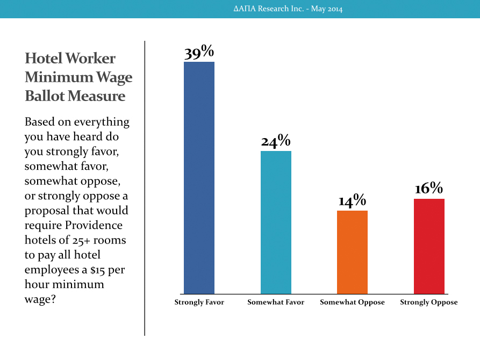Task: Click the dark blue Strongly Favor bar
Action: [x=199, y=178]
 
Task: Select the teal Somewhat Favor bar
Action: [x=276, y=222]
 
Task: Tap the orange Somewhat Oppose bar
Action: [x=353, y=252]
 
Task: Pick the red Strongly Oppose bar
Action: [x=429, y=247]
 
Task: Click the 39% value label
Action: [x=199, y=52]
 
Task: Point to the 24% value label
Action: [x=276, y=141]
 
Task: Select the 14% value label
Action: [x=353, y=200]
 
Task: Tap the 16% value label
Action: [x=429, y=188]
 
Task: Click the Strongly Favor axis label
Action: [x=199, y=303]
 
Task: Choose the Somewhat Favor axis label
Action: [x=276, y=302]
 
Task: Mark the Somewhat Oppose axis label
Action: [x=353, y=303]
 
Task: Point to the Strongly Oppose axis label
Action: [x=429, y=303]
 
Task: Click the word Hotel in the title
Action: [x=43, y=58]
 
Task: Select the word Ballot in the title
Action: [x=45, y=96]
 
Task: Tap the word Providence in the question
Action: [x=94, y=225]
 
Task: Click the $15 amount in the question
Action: [x=98, y=270]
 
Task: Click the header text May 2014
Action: [x=327, y=9]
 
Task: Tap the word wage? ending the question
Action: [x=40, y=299]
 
